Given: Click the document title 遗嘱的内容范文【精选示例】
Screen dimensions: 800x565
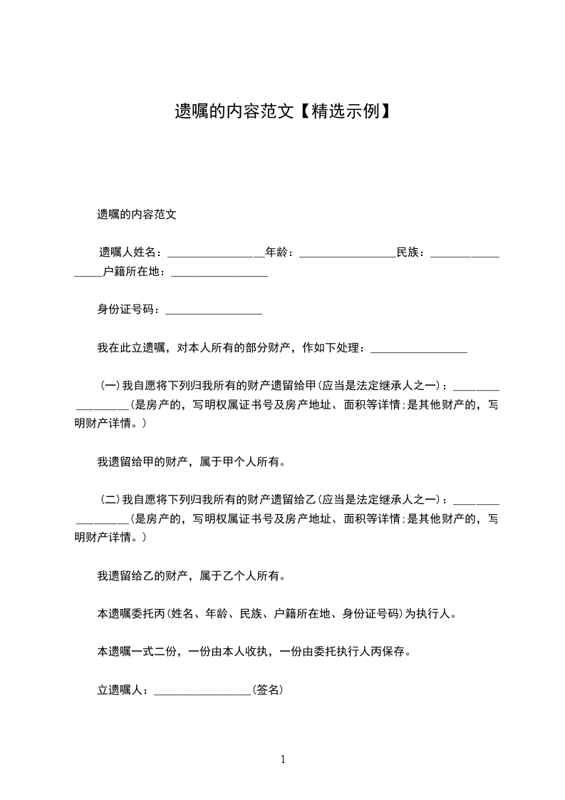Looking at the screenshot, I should (x=282, y=111).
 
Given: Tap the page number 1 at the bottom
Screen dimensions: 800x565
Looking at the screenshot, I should (x=283, y=759).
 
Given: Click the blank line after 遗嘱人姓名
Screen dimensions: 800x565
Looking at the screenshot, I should (x=216, y=252).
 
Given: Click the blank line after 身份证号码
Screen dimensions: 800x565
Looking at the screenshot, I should (x=213, y=310).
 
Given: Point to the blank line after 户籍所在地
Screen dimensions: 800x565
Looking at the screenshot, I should (x=219, y=272).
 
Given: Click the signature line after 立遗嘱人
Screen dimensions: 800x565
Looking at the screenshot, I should (x=203, y=690).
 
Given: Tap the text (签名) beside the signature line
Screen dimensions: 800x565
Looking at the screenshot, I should (x=269, y=690).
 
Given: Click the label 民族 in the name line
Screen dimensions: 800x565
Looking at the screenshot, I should (x=409, y=252).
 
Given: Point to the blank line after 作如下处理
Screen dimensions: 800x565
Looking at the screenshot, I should (x=419, y=348).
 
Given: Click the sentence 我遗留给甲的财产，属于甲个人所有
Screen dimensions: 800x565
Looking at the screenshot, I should (x=191, y=461).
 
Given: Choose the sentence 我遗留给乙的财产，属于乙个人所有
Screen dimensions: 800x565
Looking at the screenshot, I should (x=191, y=575).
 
